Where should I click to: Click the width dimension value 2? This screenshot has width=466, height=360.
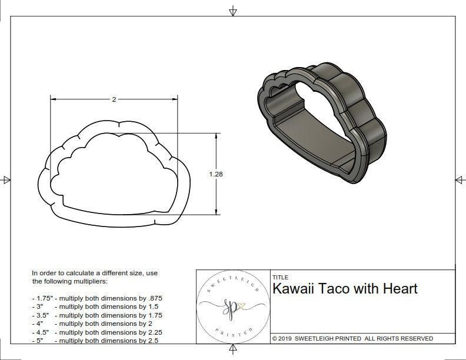coord(114,99)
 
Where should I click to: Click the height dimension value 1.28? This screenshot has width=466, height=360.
coord(216,174)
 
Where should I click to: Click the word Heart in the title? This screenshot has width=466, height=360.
coord(400,289)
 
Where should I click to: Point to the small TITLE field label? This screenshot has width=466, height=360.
coord(279,277)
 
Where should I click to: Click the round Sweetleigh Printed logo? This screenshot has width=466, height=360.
coord(233,306)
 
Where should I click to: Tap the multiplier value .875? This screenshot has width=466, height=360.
coord(154,298)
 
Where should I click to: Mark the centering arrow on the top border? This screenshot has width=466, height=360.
coord(233,11)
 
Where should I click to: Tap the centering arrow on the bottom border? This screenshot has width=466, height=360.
coord(233,350)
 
